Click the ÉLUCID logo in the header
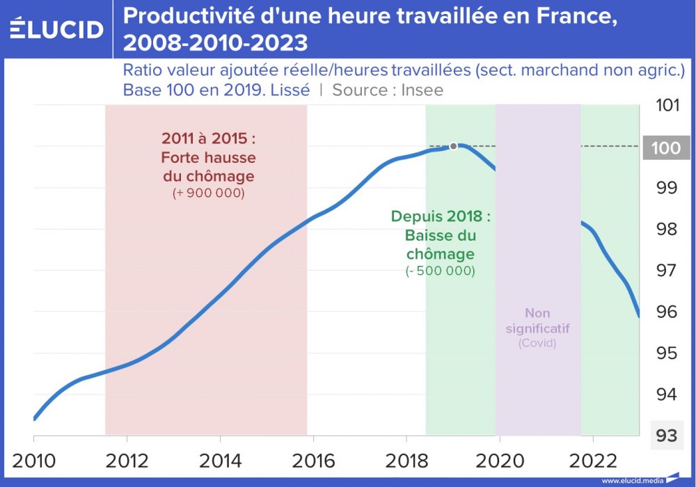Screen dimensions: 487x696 pos(57,29)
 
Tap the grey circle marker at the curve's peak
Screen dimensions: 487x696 pos(453,146)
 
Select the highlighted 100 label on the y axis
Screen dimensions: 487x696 pos(667,147)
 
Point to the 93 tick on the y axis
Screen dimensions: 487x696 pos(667,436)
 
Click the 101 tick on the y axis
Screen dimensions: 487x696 pos(667,106)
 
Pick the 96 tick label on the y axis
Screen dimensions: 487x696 pos(667,312)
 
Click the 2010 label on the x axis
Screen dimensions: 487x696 pos(33,461)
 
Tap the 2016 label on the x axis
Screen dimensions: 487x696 pos(313,461)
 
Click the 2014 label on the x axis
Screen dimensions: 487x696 pos(220,461)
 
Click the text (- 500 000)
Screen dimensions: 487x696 pos(441,271)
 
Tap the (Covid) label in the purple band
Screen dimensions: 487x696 pos(537,343)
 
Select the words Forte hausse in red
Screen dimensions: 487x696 pos(209,157)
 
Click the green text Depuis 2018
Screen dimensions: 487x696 pos(441,216)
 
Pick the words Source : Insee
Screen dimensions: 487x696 pos(388,90)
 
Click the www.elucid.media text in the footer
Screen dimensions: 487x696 pos(632,481)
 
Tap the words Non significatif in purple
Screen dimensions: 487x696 pos(537,320)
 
